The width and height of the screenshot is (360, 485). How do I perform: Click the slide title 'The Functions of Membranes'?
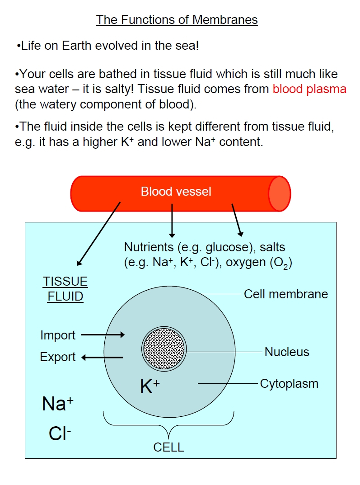coord(177,20)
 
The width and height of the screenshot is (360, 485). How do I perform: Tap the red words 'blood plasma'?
coord(309,89)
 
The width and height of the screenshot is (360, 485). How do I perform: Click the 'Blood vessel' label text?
coord(176,192)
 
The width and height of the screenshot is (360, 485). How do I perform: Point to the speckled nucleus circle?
coord(164,348)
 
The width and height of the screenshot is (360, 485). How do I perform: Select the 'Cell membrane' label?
coord(286,294)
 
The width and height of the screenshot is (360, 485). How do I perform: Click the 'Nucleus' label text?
coord(287,352)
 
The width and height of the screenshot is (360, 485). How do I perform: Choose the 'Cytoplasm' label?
coord(289,384)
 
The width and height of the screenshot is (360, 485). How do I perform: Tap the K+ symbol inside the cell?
coord(150,386)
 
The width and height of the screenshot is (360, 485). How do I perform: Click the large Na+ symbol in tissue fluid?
coord(58,404)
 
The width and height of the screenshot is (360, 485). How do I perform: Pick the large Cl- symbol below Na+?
coord(60,433)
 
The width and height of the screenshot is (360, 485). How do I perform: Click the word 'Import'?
coord(58,335)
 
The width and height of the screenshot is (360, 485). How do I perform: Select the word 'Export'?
coord(58,357)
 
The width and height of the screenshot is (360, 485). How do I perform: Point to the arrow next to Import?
coord(103,334)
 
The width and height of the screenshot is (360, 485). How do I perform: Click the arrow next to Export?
coord(102,358)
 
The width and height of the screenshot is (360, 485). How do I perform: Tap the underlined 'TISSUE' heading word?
coord(65,282)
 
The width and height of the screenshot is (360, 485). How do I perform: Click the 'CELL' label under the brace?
coord(169,447)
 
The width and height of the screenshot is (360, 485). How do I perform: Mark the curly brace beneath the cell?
coord(169,426)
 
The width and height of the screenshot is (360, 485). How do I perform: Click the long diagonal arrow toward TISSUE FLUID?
coord(98,234)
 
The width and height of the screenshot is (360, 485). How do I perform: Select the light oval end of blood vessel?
coord(279,194)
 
